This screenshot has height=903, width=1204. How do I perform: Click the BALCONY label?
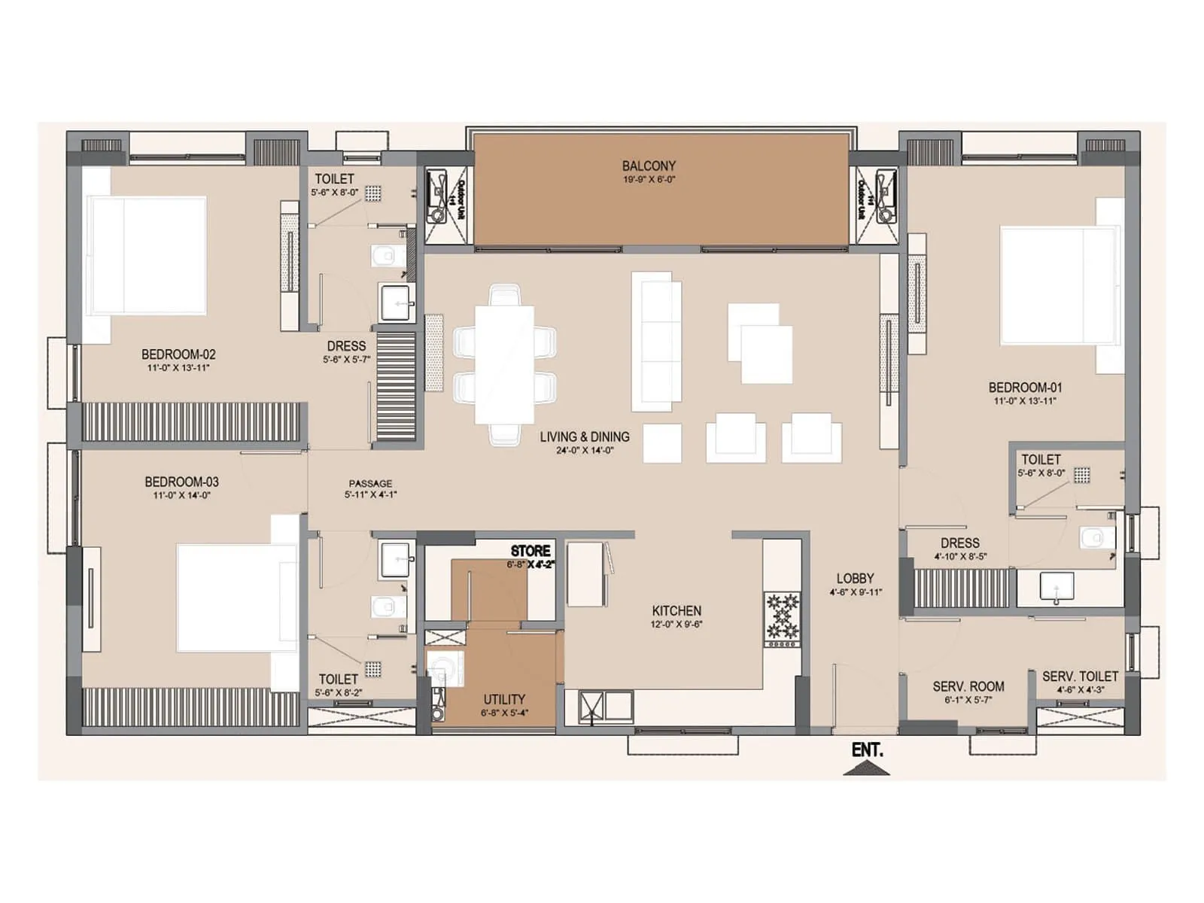649,166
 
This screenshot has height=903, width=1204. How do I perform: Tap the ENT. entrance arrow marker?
867,768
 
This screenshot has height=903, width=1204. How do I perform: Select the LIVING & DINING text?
585,436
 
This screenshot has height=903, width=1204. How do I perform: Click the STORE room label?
530,551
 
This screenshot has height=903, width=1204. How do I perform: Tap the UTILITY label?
503,699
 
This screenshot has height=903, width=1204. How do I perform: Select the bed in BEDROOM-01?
1057,286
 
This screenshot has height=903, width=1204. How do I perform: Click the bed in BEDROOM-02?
147,255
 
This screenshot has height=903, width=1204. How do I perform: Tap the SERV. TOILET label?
1079,676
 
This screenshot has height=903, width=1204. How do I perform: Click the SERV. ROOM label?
968,686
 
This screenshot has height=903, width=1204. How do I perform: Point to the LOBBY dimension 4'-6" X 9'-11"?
856,592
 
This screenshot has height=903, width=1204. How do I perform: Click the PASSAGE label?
370,483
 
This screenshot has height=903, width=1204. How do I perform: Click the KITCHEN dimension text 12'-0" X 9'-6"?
676,625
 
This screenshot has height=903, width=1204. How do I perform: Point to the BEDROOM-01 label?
1025,388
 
